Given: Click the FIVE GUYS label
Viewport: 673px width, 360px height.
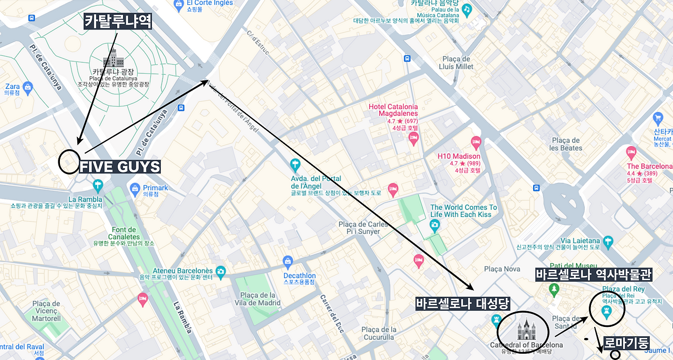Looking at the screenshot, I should click(120, 167).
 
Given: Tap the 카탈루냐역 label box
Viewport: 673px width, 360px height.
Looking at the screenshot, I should click(118, 22).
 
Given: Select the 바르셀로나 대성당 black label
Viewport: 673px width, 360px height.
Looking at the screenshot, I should click(463, 304).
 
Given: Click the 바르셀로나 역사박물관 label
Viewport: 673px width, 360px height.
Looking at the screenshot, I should click(594, 275).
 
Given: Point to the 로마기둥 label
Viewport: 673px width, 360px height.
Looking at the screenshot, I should click(627, 343).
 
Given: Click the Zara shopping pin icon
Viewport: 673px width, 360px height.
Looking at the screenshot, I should click(28, 86).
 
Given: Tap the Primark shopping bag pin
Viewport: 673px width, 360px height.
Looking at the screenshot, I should click(135, 188).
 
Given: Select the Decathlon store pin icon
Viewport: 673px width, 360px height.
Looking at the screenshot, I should click(288, 261).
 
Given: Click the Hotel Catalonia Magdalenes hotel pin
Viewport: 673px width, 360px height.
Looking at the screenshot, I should click(413, 138).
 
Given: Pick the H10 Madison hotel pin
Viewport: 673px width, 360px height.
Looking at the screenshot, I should click(476, 142).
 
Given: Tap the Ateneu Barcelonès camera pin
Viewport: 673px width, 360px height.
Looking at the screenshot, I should click(220, 271).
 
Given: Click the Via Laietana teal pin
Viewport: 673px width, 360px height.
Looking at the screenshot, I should click(608, 241).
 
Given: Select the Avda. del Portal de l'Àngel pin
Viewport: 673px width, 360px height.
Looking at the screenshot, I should click(295, 164).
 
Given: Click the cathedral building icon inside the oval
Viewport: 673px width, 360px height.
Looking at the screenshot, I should click(526, 330).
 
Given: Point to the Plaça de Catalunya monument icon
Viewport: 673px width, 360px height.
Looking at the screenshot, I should click(113, 57).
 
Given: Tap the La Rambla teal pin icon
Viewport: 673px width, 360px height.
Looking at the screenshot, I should click(97, 185).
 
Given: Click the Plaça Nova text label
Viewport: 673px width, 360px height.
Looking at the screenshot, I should click(502, 269).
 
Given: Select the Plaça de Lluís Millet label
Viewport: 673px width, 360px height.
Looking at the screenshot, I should click(457, 63).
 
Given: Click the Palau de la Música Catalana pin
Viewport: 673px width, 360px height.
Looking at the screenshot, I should click(466, 9).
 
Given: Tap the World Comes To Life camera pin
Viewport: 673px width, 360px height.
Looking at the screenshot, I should click(434, 226).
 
